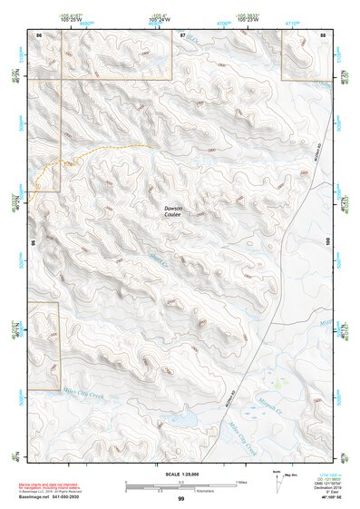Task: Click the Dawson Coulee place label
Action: [x=172, y=211]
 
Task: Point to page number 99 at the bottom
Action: [x=180, y=499]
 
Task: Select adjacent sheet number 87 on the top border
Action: [x=182, y=34]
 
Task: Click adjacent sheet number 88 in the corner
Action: [x=322, y=34]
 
